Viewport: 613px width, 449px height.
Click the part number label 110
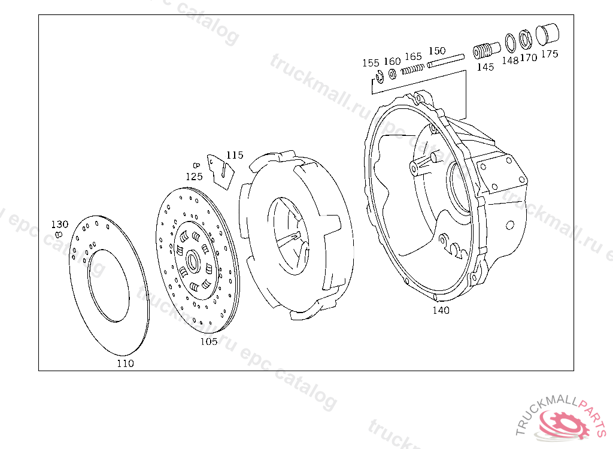point(125,363)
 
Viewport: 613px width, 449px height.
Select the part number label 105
point(209,341)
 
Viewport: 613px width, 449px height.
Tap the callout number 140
point(441,310)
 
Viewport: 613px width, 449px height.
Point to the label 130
point(59,224)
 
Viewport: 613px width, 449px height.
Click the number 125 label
point(194,177)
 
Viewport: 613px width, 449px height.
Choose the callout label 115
point(235,155)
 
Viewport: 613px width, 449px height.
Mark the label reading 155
point(371,63)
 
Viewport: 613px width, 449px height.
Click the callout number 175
point(550,54)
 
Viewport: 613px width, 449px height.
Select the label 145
point(485,67)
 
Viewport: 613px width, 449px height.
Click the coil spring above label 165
point(412,69)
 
